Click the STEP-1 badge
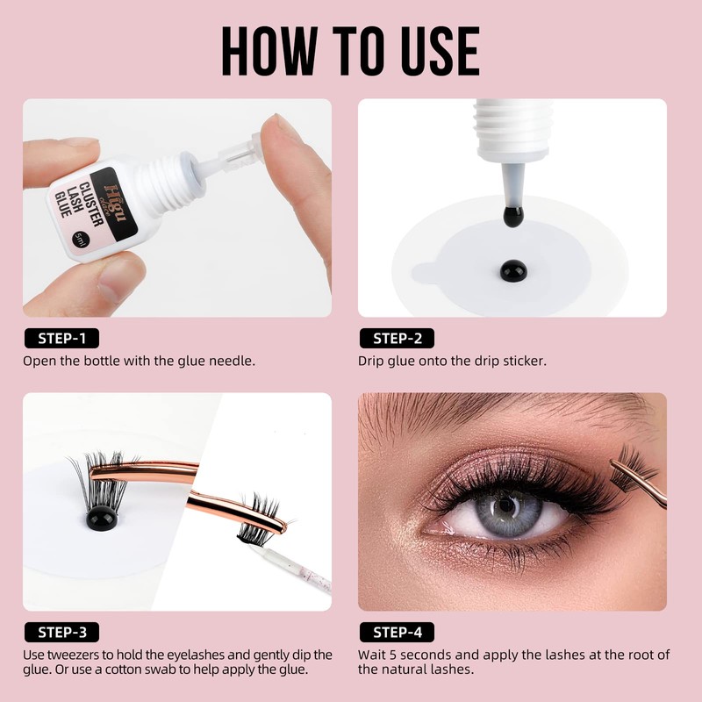(61, 338)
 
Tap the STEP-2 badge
(398, 338)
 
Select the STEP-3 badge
(61, 632)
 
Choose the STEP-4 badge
(398, 632)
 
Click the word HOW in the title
(270, 51)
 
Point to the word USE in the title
(441, 51)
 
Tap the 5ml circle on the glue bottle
(81, 240)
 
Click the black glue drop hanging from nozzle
(513, 216)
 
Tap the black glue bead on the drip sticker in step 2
(513, 271)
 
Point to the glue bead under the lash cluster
(102, 519)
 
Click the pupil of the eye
(507, 505)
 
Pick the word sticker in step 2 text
(524, 361)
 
